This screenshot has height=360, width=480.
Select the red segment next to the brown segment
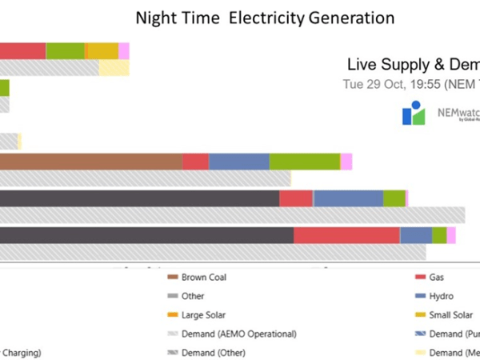tap(195, 162)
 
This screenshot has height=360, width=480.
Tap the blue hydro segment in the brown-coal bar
tap(238, 162)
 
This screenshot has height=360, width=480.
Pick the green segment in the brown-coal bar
tap(304, 162)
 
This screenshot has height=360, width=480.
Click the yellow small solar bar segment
tap(102, 51)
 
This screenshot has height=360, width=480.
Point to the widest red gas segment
tap(346, 234)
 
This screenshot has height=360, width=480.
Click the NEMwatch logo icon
tap(413, 113)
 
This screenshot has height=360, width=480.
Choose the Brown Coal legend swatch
tap(173, 278)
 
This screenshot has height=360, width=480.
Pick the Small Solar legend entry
tap(450, 315)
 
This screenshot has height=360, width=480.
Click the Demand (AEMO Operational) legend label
tap(238, 334)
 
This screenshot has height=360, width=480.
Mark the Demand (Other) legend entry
tap(213, 352)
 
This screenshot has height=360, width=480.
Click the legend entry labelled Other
tap(192, 296)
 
